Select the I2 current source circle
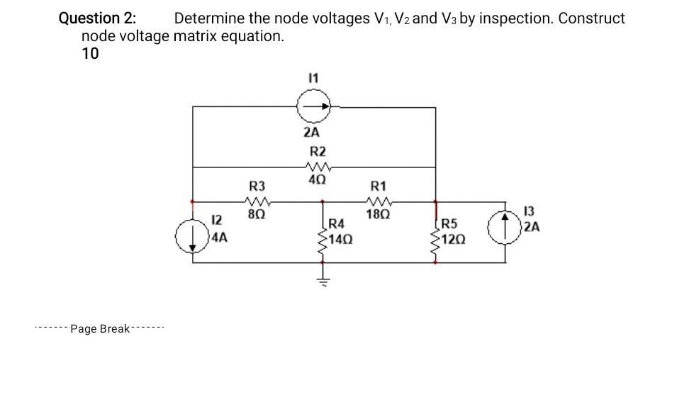193,236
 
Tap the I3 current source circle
505,228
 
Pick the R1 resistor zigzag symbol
378,201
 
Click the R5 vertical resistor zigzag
435,239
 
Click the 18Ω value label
378,213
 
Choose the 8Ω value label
257,212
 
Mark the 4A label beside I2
220,239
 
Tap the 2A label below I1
311,133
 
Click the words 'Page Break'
100,328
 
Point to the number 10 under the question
91,54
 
